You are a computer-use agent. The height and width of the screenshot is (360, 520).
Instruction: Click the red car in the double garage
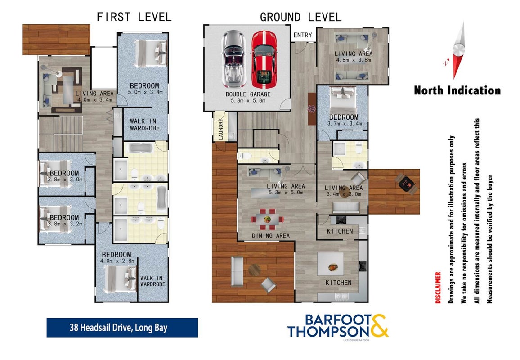tap(264, 59)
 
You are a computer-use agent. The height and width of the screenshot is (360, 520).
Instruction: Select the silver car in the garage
tap(234, 59)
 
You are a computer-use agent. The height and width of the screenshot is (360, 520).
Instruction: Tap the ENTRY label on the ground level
tap(303, 35)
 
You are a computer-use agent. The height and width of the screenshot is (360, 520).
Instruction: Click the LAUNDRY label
tap(221, 129)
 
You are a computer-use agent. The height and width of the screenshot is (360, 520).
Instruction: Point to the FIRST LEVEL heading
tap(134, 17)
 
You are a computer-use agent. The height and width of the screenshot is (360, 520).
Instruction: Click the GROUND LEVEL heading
tap(300, 17)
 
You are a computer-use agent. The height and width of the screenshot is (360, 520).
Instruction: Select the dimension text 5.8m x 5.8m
tap(248, 100)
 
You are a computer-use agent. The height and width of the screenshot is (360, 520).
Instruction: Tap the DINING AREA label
tap(271, 236)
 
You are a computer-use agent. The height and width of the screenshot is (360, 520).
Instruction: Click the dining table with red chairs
tap(268, 219)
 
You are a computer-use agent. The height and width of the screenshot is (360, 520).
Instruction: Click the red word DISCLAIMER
tap(438, 288)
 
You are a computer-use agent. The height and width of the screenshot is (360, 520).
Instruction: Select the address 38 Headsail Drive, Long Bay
tap(118, 328)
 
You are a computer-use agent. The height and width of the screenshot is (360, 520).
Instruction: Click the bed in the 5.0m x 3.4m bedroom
tap(151, 53)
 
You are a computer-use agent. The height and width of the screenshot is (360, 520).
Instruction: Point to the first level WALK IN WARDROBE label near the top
tap(144, 125)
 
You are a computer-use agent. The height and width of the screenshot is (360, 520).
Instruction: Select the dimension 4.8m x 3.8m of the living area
tap(354, 60)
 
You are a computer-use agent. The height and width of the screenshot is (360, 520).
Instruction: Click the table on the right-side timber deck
tap(406, 183)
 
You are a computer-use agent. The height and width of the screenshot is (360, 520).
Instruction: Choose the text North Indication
tap(457, 90)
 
